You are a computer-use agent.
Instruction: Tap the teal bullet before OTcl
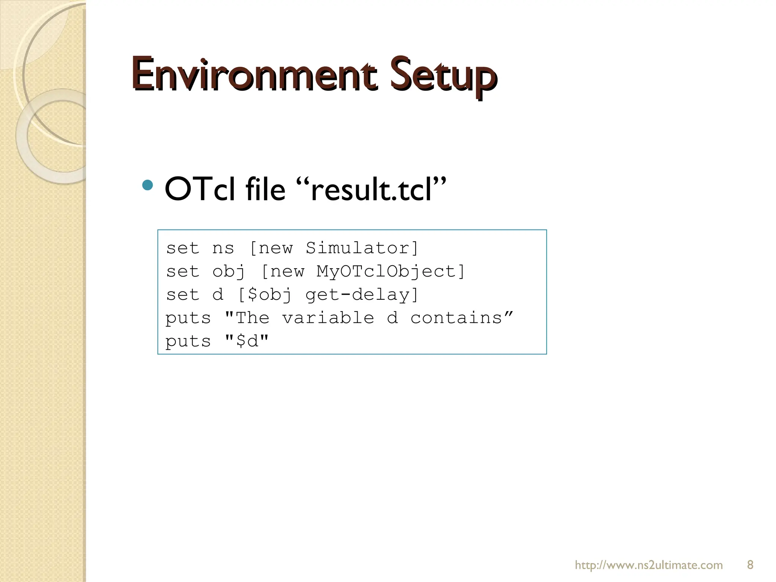(x=147, y=185)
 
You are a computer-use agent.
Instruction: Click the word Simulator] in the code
(x=362, y=248)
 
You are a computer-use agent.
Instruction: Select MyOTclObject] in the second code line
(x=391, y=272)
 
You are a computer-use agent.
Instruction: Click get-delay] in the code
(x=362, y=295)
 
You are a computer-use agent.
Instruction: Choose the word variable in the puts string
(x=328, y=318)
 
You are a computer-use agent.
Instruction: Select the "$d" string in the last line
(x=247, y=341)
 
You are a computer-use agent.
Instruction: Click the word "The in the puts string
(x=247, y=318)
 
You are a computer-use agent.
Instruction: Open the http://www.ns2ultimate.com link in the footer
(x=649, y=565)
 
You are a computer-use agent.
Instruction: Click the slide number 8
(x=750, y=565)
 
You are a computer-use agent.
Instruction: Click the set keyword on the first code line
(x=183, y=249)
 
